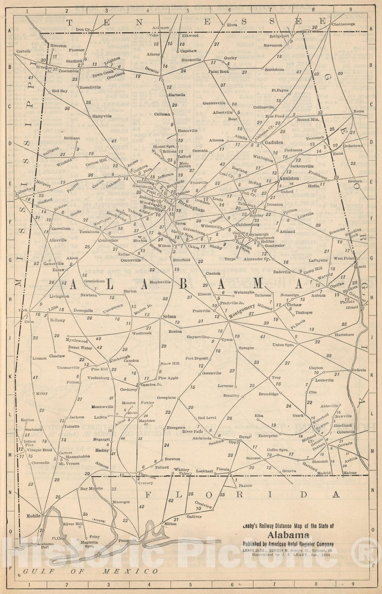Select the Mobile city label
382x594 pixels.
tap(33, 516)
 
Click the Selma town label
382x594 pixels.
tap(169, 317)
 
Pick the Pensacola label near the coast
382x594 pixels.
tap(128, 541)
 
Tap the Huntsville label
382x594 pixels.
tap(191, 60)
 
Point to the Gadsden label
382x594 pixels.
tap(274, 142)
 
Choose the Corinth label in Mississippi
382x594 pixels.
tap(23, 51)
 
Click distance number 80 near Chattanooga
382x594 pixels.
tap(340, 74)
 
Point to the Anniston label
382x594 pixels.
tap(288, 178)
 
